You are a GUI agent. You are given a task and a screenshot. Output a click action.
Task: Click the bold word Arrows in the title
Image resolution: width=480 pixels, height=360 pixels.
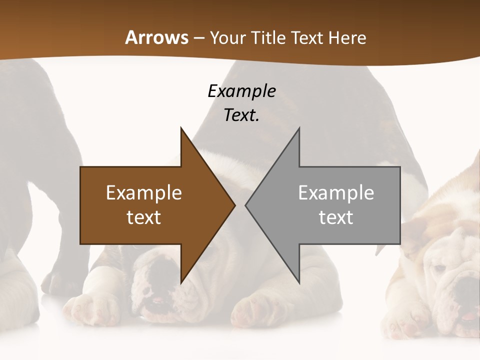coord(156,37)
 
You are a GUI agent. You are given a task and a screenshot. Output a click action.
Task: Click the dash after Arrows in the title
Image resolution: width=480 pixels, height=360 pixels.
coord(198,38)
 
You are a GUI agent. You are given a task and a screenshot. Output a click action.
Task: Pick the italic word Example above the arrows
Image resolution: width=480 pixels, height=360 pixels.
coord(241,91)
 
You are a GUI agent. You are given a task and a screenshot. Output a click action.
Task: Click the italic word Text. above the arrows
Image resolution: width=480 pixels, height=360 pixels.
coord(241,115)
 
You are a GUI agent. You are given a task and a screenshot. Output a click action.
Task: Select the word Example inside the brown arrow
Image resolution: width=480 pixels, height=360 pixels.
coord(144,193)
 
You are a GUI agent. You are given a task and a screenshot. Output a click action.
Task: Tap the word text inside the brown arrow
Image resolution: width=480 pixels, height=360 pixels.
coord(144,217)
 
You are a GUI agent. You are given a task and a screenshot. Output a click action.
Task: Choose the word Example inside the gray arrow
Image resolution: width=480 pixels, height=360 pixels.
coord(336,193)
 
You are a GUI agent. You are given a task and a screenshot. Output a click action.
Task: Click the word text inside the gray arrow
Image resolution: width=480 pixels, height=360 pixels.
coord(336,217)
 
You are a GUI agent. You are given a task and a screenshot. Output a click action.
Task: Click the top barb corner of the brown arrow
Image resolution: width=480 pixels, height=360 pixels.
coord(181,128)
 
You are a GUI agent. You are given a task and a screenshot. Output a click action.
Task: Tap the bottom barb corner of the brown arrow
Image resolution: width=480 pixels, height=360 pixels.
coord(181,282)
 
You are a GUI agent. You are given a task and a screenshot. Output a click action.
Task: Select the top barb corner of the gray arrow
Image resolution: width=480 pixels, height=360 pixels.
coord(298,128)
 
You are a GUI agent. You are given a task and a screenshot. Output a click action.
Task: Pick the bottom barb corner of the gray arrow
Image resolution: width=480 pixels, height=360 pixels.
coord(298,282)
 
